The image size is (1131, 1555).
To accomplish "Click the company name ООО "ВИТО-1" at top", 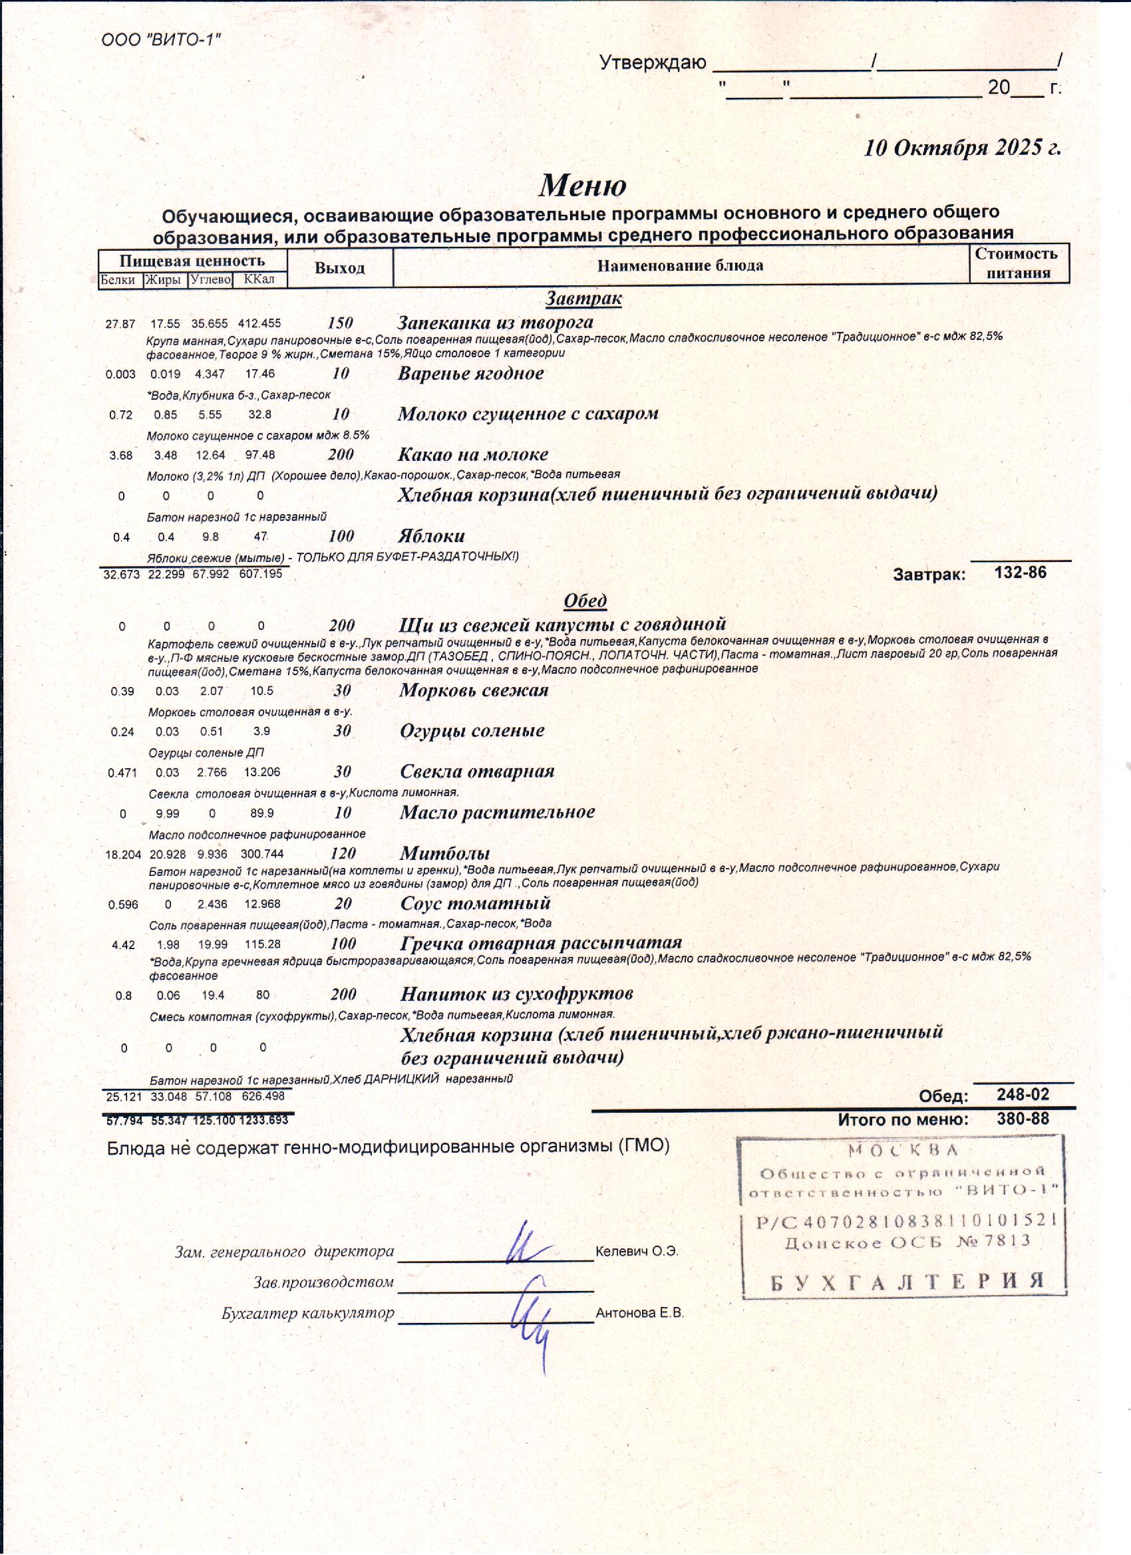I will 161,40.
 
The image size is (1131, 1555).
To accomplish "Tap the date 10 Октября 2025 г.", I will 961,148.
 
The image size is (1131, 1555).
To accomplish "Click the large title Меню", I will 582,185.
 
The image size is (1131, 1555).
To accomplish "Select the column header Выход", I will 339,268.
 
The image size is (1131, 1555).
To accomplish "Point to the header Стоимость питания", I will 1019,263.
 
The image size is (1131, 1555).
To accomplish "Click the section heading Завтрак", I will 583,299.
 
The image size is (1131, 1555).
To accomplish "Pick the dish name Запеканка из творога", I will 495,323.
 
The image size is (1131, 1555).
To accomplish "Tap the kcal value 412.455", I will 259,324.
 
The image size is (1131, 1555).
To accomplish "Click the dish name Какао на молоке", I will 472,454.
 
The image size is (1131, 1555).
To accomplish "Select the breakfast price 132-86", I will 1020,573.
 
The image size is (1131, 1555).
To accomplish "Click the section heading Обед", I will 585,601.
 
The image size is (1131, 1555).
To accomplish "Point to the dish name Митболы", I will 444,853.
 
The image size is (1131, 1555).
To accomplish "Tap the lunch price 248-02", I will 1023,1095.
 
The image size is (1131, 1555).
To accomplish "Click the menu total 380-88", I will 1023,1119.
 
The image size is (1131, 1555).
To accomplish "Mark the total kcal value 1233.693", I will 263,1120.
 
